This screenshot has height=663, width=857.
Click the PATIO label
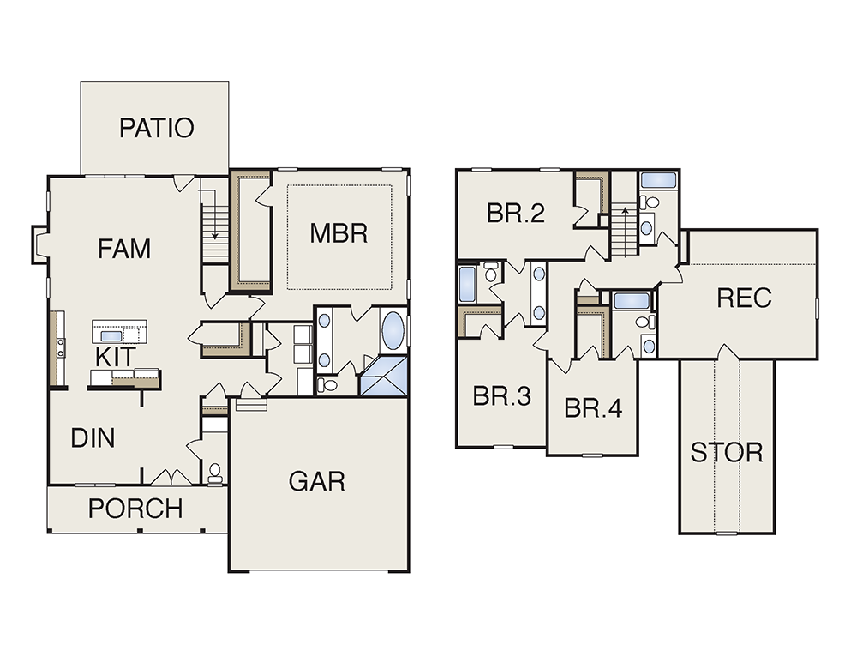point(156,128)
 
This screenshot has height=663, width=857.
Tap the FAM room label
point(124,249)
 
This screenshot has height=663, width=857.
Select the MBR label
point(339,233)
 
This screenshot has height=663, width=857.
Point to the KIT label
point(115,357)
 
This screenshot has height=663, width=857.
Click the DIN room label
point(93,438)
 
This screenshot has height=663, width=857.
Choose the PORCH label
point(135,509)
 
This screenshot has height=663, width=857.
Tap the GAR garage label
point(317,481)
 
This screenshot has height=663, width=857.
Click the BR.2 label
point(516,213)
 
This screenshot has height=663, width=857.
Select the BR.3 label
point(501,396)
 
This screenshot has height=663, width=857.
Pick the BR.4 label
point(593,408)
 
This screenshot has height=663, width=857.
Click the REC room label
point(744,298)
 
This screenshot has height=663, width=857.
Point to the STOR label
point(727,452)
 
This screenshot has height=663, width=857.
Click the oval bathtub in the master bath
point(393,331)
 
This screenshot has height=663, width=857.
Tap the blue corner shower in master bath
point(384,376)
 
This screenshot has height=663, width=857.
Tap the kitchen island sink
point(111,336)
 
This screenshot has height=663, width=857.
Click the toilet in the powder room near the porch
point(215,473)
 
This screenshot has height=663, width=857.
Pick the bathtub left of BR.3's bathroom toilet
point(467,284)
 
